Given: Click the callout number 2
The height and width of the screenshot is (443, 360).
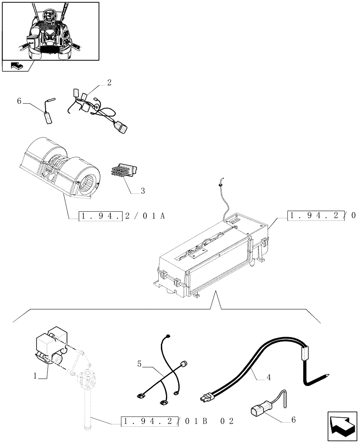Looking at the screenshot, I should [x=109, y=82].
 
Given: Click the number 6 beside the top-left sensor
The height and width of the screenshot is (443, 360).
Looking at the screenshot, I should [x=19, y=101].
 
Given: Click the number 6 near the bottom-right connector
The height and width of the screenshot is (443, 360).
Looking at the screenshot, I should [x=293, y=420].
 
